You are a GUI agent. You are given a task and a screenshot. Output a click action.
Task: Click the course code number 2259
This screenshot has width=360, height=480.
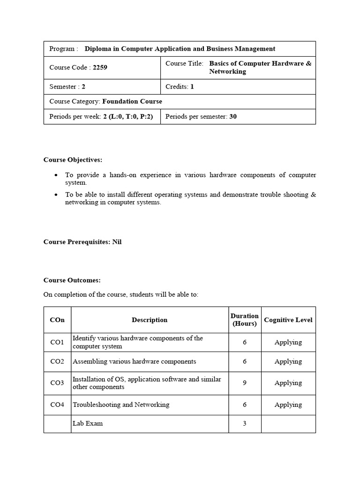100,67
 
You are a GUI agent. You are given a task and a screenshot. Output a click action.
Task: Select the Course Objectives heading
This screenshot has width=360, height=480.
73,160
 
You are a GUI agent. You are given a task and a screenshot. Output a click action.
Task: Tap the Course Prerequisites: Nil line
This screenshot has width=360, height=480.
82,242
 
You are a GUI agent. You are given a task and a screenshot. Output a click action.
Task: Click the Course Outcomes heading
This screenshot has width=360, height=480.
72,280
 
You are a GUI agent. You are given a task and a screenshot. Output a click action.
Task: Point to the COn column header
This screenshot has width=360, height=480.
57,320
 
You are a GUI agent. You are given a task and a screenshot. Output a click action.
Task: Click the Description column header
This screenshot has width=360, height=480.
150,320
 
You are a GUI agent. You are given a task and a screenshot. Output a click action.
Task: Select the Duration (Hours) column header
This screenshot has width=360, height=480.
244,320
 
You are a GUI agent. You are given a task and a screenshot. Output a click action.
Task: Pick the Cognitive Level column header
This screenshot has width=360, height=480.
288,320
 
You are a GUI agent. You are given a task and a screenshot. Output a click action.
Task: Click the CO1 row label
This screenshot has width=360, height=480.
57,342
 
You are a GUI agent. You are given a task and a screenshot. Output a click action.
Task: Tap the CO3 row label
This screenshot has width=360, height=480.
57,383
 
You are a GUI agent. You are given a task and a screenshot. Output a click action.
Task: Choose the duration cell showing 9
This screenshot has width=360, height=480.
244,383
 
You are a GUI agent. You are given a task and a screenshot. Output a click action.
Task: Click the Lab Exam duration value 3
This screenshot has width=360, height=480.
244,423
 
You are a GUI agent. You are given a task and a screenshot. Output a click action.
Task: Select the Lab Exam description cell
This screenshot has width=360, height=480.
88,423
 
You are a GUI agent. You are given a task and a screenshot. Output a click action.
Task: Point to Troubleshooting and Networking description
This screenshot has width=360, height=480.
121,405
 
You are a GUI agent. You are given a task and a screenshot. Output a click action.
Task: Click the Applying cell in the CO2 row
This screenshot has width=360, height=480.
288,361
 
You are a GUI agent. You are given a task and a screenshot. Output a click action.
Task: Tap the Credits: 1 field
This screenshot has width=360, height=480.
180,87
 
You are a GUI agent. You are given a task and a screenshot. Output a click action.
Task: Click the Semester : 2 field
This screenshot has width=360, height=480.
67,87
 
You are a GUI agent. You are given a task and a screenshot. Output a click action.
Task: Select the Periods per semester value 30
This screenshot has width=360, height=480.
233,116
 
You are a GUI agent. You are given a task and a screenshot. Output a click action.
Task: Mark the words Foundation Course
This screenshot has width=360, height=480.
132,101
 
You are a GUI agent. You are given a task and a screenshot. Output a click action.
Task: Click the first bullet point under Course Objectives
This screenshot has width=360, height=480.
56,175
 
